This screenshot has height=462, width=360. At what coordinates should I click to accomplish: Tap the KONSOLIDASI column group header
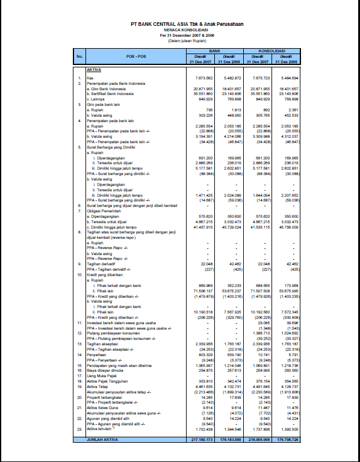pos(272,52)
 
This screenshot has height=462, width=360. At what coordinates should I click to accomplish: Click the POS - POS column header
pos(136,57)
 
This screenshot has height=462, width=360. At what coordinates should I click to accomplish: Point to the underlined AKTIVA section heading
pos(93,70)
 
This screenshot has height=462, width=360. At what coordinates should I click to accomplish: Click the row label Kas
pos(90,79)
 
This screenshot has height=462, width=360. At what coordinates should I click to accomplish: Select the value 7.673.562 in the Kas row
pos(200,79)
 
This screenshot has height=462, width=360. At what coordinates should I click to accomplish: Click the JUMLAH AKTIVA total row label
pos(103,440)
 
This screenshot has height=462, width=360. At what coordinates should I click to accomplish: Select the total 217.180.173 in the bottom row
pos(199,440)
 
